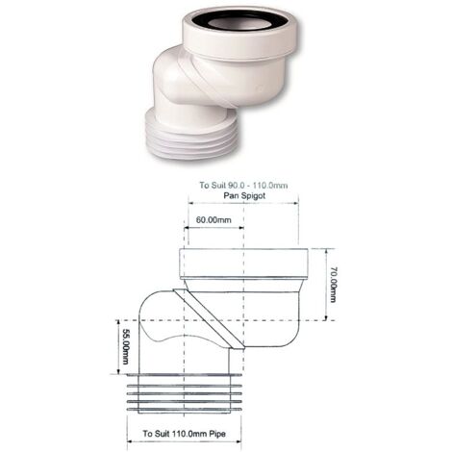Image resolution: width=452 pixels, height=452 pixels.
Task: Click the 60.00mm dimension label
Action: pyautogui.click(x=213, y=220)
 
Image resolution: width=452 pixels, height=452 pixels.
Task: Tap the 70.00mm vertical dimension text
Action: pyautogui.click(x=333, y=284)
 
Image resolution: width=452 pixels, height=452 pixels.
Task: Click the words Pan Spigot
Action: pyautogui.click(x=244, y=195)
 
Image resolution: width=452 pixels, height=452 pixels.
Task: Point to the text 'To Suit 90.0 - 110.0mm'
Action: pyautogui.click(x=243, y=186)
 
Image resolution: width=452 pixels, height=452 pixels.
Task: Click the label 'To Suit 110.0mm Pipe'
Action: pyautogui.click(x=184, y=434)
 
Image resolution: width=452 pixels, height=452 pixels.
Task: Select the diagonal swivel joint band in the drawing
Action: pyautogui.click(x=209, y=318)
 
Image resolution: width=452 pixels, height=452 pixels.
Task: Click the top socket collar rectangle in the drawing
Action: pyautogui.click(x=244, y=264)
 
